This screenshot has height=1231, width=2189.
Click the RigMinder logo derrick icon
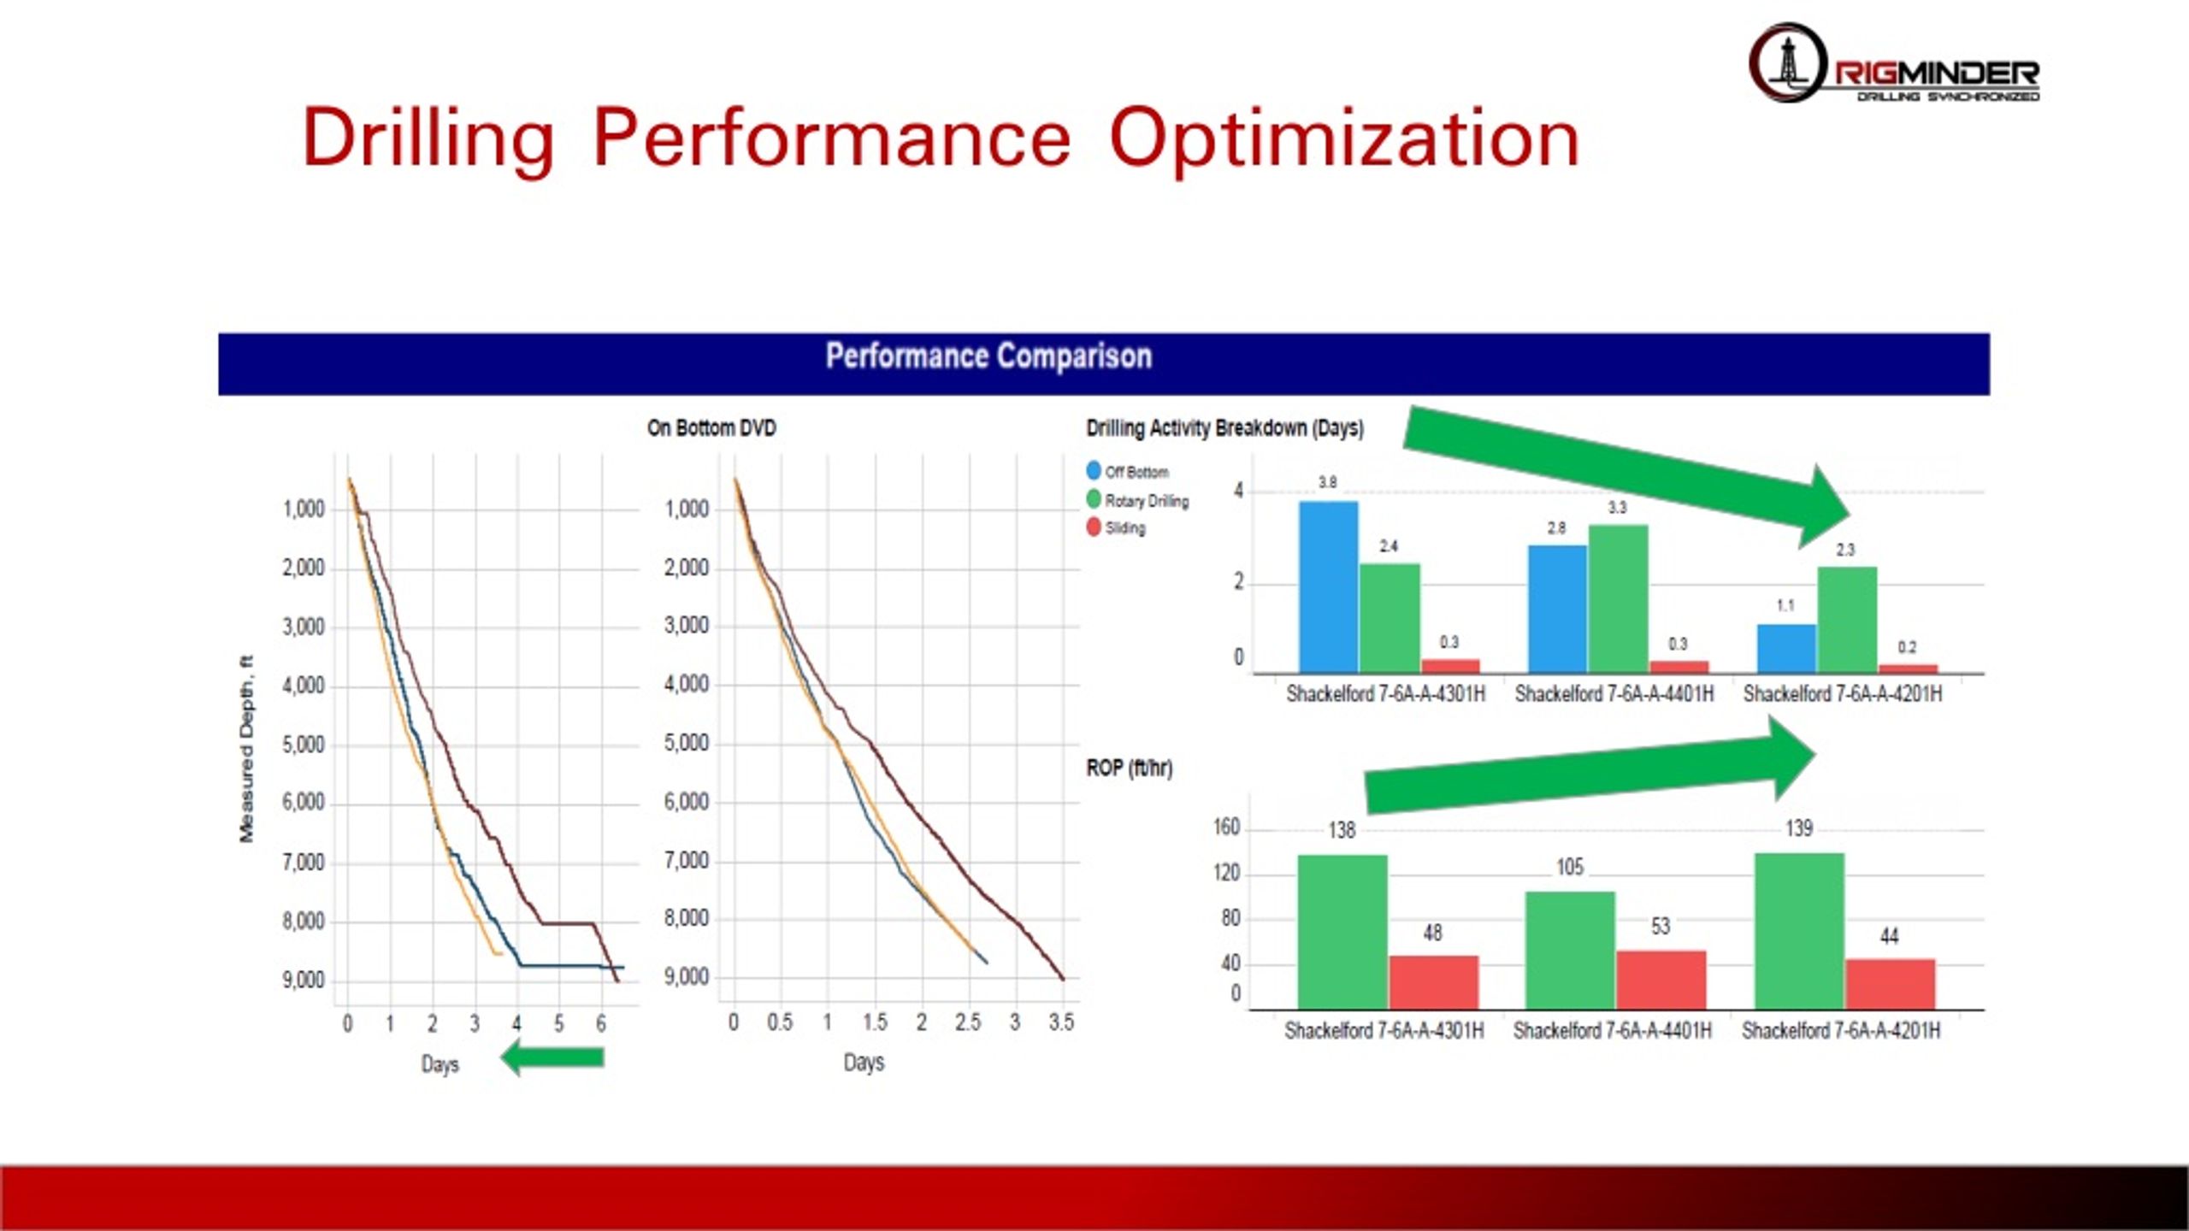[1786, 62]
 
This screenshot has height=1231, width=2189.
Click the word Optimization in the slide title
[1343, 138]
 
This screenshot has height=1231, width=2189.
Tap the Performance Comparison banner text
[988, 356]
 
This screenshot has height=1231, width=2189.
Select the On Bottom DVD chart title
[711, 428]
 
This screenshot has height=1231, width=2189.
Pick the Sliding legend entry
[1116, 528]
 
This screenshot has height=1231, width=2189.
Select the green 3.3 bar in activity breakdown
[1618, 598]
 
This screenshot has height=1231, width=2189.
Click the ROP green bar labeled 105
[1570, 950]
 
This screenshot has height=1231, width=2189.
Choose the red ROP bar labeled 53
[1661, 980]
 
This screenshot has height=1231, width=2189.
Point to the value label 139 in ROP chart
[1799, 828]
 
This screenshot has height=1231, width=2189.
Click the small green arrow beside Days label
[554, 1057]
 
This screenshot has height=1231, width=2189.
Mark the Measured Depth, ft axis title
[247, 749]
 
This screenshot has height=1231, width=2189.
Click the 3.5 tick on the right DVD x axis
[1061, 1022]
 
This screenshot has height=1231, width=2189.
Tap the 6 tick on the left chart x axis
[601, 1024]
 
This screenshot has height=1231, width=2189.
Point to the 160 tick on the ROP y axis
[1226, 828]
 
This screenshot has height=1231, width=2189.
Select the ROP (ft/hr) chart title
[1129, 769]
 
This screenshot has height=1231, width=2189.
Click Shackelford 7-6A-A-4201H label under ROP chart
[1841, 1031]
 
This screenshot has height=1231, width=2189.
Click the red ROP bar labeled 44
[1890, 984]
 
